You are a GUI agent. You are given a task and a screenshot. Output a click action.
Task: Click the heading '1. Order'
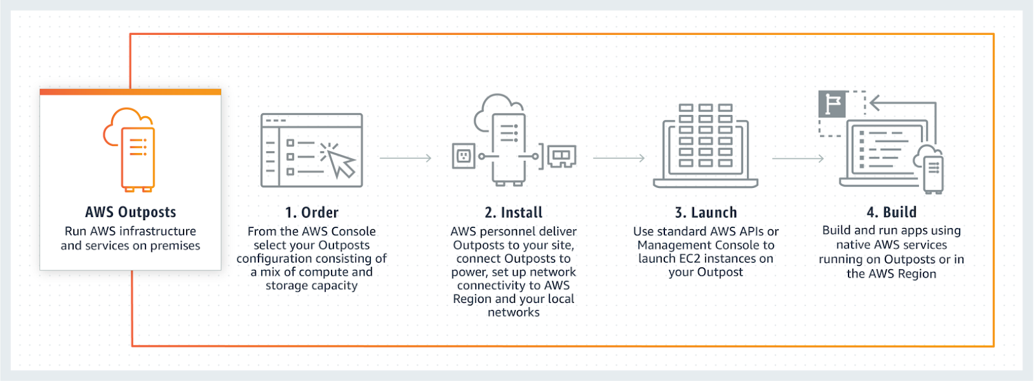311,212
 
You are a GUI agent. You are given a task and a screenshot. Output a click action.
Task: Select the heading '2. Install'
513,212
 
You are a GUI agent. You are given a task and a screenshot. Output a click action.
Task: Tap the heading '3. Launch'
706,212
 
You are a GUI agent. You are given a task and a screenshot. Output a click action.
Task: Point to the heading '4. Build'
891,212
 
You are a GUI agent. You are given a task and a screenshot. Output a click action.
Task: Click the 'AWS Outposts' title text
131,212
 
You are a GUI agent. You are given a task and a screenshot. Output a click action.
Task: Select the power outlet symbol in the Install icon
463,156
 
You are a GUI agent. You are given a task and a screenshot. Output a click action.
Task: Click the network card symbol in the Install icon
562,156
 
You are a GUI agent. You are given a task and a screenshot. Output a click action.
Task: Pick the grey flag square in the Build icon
832,104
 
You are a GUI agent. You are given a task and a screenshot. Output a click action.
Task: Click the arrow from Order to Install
405,158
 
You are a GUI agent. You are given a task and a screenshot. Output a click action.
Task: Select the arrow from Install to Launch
618,158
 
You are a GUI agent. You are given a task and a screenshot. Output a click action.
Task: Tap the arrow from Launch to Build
797,159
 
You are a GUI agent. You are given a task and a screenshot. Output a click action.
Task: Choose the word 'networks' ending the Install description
514,313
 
